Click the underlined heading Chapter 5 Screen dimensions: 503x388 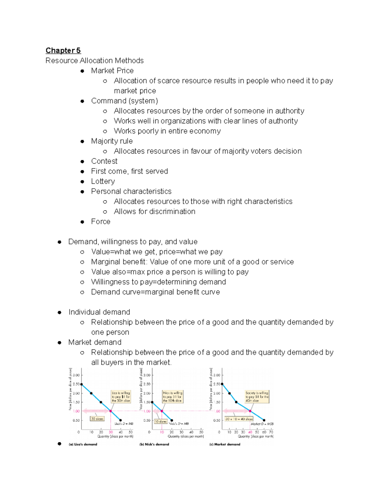(x=63, y=51)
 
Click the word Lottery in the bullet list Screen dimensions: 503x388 (x=103, y=181)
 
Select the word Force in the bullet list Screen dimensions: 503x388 (x=101, y=222)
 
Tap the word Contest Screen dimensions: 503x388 (x=104, y=161)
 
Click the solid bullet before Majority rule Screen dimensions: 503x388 (x=82, y=141)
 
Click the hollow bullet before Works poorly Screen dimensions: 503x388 (x=105, y=131)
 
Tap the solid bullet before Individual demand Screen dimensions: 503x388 (x=59, y=312)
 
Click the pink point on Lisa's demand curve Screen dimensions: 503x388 (x=111, y=411)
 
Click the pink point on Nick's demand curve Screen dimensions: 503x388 (x=162, y=411)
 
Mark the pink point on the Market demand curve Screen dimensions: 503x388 (x=250, y=411)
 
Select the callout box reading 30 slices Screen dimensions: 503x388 (x=97, y=419)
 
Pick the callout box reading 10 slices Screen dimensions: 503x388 (x=160, y=421)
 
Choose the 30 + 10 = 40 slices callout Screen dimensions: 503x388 (x=239, y=419)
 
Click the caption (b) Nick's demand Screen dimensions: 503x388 (x=154, y=444)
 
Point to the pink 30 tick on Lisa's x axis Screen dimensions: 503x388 (x=111, y=432)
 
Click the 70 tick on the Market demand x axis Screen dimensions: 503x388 (x=271, y=432)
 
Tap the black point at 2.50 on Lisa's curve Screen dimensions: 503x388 (x=81, y=384)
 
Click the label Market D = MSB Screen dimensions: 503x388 (x=262, y=424)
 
